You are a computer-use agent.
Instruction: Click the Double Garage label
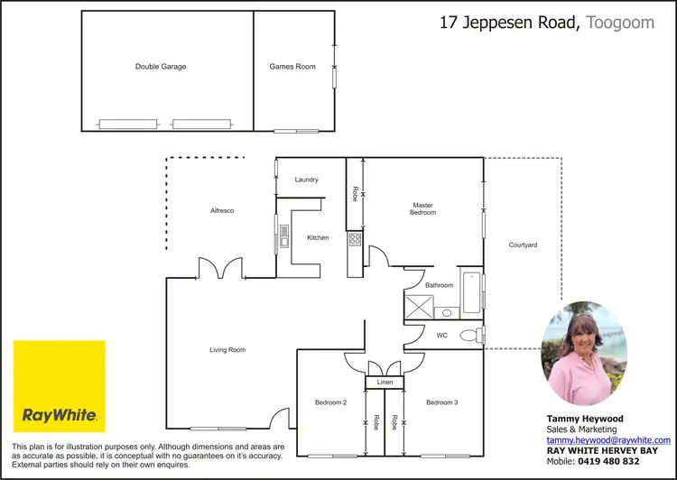click(161, 66)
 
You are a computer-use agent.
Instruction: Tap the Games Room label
click(292, 66)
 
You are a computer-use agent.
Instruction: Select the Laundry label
click(306, 180)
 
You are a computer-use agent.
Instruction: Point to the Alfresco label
click(222, 210)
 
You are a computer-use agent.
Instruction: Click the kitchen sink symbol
click(283, 237)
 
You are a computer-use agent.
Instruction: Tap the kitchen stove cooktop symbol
click(356, 239)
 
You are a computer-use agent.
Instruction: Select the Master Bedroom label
click(423, 208)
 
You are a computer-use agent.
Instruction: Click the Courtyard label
click(523, 245)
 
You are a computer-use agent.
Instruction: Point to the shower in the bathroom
click(418, 306)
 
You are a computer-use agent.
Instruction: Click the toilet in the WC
click(469, 336)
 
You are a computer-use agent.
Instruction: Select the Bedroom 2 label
click(331, 402)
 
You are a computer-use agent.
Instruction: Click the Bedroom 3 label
click(442, 402)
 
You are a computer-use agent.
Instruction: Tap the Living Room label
click(227, 350)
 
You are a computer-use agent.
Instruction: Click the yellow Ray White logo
click(59, 386)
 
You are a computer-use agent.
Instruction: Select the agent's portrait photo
click(582, 354)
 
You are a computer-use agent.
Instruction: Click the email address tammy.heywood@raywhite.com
click(607, 439)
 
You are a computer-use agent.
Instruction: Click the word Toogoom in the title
click(620, 23)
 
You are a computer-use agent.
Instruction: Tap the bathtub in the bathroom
click(471, 294)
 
